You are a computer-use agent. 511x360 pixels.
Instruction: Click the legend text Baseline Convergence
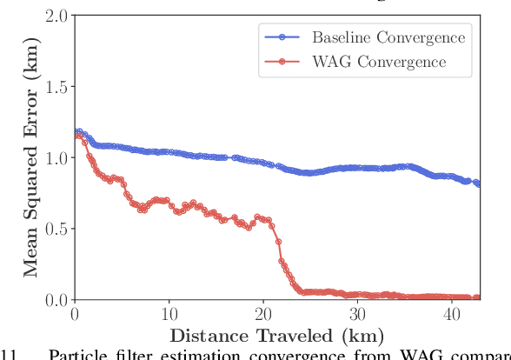(x=388, y=37)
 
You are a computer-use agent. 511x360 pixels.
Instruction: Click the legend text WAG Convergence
(x=379, y=62)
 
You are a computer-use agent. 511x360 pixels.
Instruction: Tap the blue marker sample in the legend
(x=282, y=37)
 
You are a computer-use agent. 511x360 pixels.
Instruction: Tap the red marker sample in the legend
(x=282, y=62)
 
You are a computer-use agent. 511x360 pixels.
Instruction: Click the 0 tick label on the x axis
(x=76, y=315)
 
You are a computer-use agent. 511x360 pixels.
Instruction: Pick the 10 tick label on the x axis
(x=169, y=315)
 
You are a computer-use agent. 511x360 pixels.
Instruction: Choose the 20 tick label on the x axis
(x=263, y=315)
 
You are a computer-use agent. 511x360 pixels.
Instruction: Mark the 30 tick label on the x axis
(x=357, y=315)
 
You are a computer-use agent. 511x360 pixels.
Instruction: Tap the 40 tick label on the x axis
(x=451, y=315)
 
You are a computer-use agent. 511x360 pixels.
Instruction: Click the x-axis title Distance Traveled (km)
(x=276, y=336)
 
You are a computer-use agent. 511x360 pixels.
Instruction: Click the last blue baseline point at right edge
(x=477, y=183)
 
